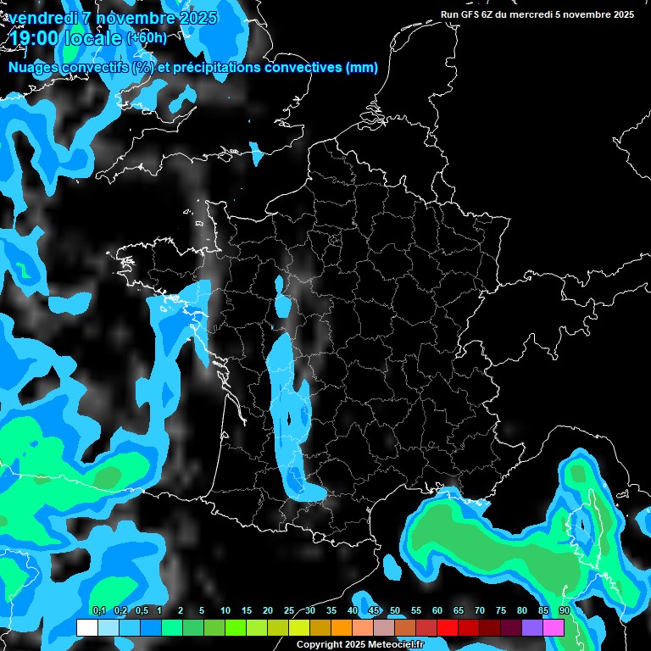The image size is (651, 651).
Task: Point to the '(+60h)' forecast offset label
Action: pyautogui.click(x=147, y=37)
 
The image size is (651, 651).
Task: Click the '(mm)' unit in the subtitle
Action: pyautogui.click(x=362, y=68)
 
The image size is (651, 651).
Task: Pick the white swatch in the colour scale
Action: pyautogui.click(x=86, y=627)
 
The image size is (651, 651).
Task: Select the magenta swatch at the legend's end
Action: pyautogui.click(x=554, y=627)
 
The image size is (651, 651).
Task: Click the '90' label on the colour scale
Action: pyautogui.click(x=564, y=610)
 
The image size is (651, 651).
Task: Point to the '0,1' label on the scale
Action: pyautogui.click(x=98, y=610)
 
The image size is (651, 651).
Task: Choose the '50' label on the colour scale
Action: pyautogui.click(x=395, y=610)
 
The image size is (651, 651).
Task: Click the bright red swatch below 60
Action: pyautogui.click(x=448, y=627)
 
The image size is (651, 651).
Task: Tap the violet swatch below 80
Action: pyautogui.click(x=532, y=627)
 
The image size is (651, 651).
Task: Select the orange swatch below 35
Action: pyautogui.click(x=341, y=627)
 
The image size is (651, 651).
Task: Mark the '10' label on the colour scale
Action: pyautogui.click(x=225, y=610)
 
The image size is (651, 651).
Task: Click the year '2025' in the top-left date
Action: pyautogui.click(x=192, y=17)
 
